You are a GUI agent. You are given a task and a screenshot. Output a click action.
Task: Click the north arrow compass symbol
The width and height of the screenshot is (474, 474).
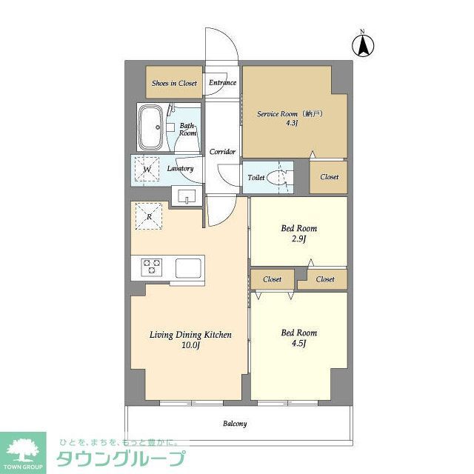(364, 44)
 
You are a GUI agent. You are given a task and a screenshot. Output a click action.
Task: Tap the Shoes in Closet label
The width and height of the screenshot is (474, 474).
(174, 84)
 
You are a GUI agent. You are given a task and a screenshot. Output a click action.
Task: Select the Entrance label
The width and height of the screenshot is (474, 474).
(222, 82)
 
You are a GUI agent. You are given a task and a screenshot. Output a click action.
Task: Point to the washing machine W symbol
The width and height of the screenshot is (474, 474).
(147, 168)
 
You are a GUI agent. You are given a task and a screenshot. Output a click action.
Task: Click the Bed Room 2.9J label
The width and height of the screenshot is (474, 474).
(298, 233)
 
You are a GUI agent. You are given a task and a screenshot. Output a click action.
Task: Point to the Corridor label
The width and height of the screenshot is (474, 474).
(222, 152)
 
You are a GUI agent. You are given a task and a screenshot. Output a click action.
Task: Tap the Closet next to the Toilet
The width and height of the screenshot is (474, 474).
(329, 177)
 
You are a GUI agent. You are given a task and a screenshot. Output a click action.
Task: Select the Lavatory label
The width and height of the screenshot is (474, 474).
(180, 169)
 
